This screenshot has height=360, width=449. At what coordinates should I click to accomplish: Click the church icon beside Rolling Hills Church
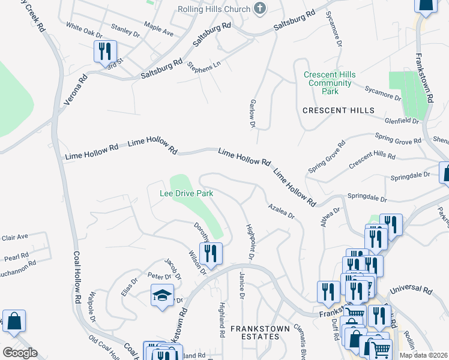tap(259, 8)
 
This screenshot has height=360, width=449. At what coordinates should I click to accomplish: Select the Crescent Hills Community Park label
tap(329, 83)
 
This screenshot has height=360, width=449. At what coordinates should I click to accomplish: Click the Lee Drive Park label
tap(186, 193)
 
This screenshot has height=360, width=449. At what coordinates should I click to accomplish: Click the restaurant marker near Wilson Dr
tap(211, 253)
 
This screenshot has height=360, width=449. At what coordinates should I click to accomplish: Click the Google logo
tap(20, 352)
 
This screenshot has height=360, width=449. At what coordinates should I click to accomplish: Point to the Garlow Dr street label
tap(253, 113)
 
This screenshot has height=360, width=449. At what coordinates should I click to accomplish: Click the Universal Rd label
tap(411, 290)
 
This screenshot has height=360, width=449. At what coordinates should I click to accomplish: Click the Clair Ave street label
tap(14, 237)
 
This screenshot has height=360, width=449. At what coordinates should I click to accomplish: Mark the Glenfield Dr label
tap(402, 121)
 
